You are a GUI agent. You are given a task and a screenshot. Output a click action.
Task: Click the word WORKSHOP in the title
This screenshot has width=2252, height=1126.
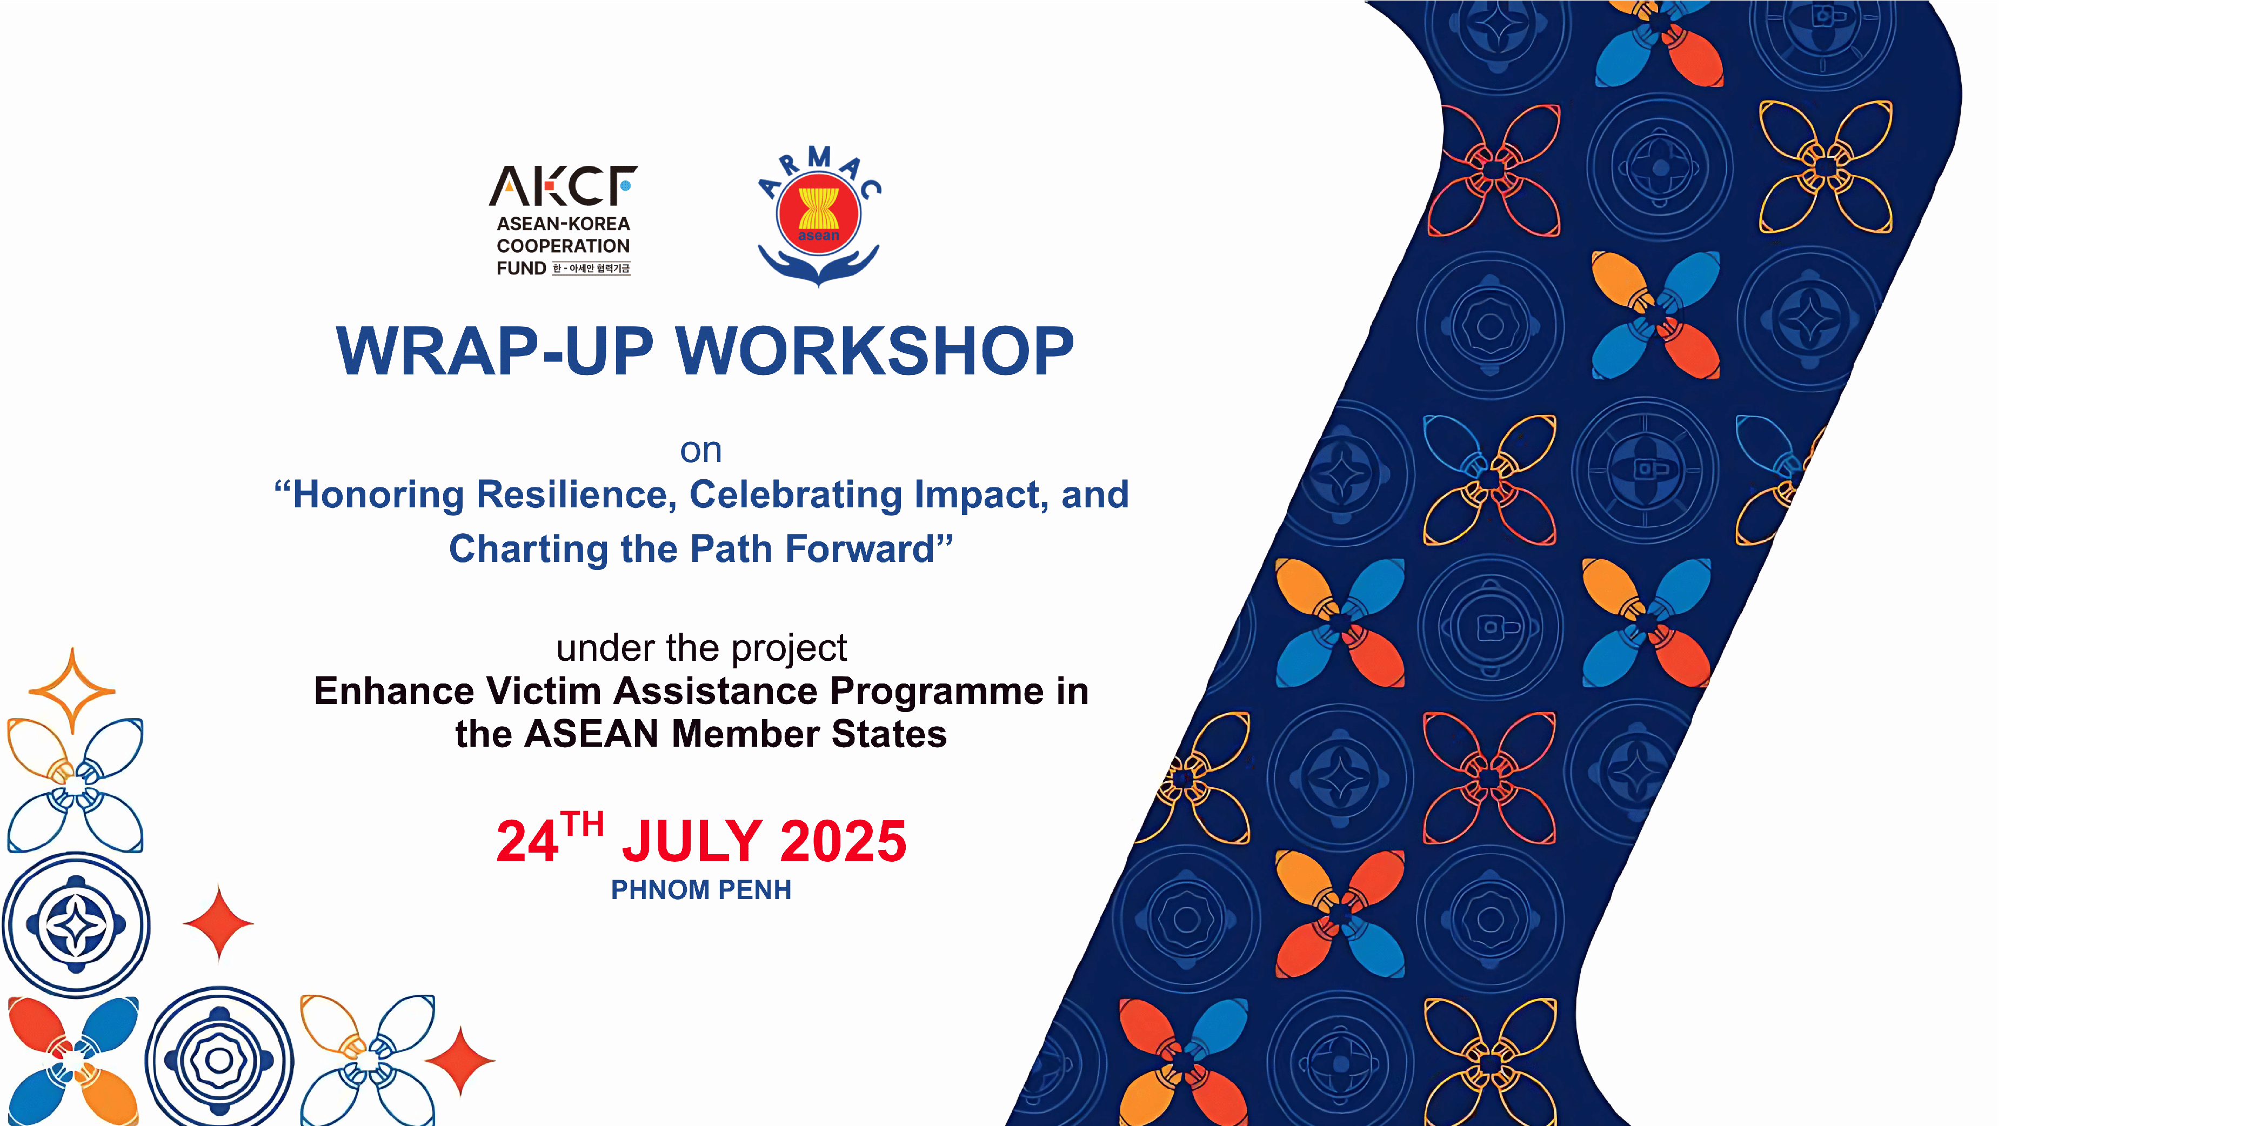(875, 351)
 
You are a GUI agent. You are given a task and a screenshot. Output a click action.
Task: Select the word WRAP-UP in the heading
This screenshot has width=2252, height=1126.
(495, 351)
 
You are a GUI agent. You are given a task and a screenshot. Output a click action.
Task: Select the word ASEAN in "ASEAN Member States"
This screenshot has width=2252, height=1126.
(591, 734)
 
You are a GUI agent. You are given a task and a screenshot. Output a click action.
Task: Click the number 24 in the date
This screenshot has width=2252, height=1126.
(527, 842)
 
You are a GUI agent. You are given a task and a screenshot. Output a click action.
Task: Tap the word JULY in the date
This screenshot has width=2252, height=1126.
(692, 842)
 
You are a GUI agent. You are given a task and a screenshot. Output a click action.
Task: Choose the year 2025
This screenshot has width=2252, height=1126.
(843, 842)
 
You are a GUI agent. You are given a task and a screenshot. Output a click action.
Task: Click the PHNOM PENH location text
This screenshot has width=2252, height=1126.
(701, 890)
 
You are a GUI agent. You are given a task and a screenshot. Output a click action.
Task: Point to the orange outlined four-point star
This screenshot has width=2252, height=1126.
(72, 691)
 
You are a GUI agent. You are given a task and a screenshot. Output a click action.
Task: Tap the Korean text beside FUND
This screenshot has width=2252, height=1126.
(591, 269)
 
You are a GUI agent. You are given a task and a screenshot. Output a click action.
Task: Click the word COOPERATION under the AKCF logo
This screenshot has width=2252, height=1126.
(563, 246)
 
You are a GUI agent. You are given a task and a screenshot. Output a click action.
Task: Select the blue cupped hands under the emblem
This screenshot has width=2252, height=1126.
(818, 266)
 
